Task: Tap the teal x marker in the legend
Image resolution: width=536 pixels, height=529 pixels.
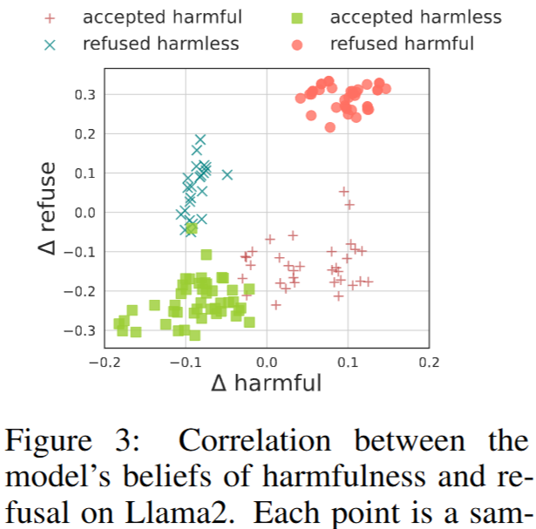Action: [x=50, y=44]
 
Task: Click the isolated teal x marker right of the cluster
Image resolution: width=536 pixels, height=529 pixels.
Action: [x=227, y=174]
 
